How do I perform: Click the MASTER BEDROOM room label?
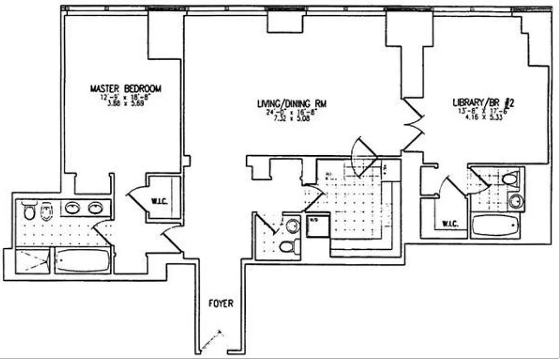tap(125, 89)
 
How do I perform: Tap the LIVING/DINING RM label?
tap(291, 104)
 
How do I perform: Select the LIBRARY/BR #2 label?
tap(483, 103)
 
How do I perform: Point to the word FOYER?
tap(221, 303)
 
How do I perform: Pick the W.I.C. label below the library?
tap(450, 223)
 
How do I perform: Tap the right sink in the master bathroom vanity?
tap(95, 208)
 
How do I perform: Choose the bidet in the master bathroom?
tap(47, 211)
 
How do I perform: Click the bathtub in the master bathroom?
tap(83, 261)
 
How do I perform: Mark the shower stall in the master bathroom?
tap(32, 261)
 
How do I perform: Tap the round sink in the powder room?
tap(293, 225)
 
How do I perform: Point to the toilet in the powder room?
tap(289, 246)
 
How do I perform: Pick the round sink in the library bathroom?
tap(516, 201)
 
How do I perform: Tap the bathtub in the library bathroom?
tap(495, 225)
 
